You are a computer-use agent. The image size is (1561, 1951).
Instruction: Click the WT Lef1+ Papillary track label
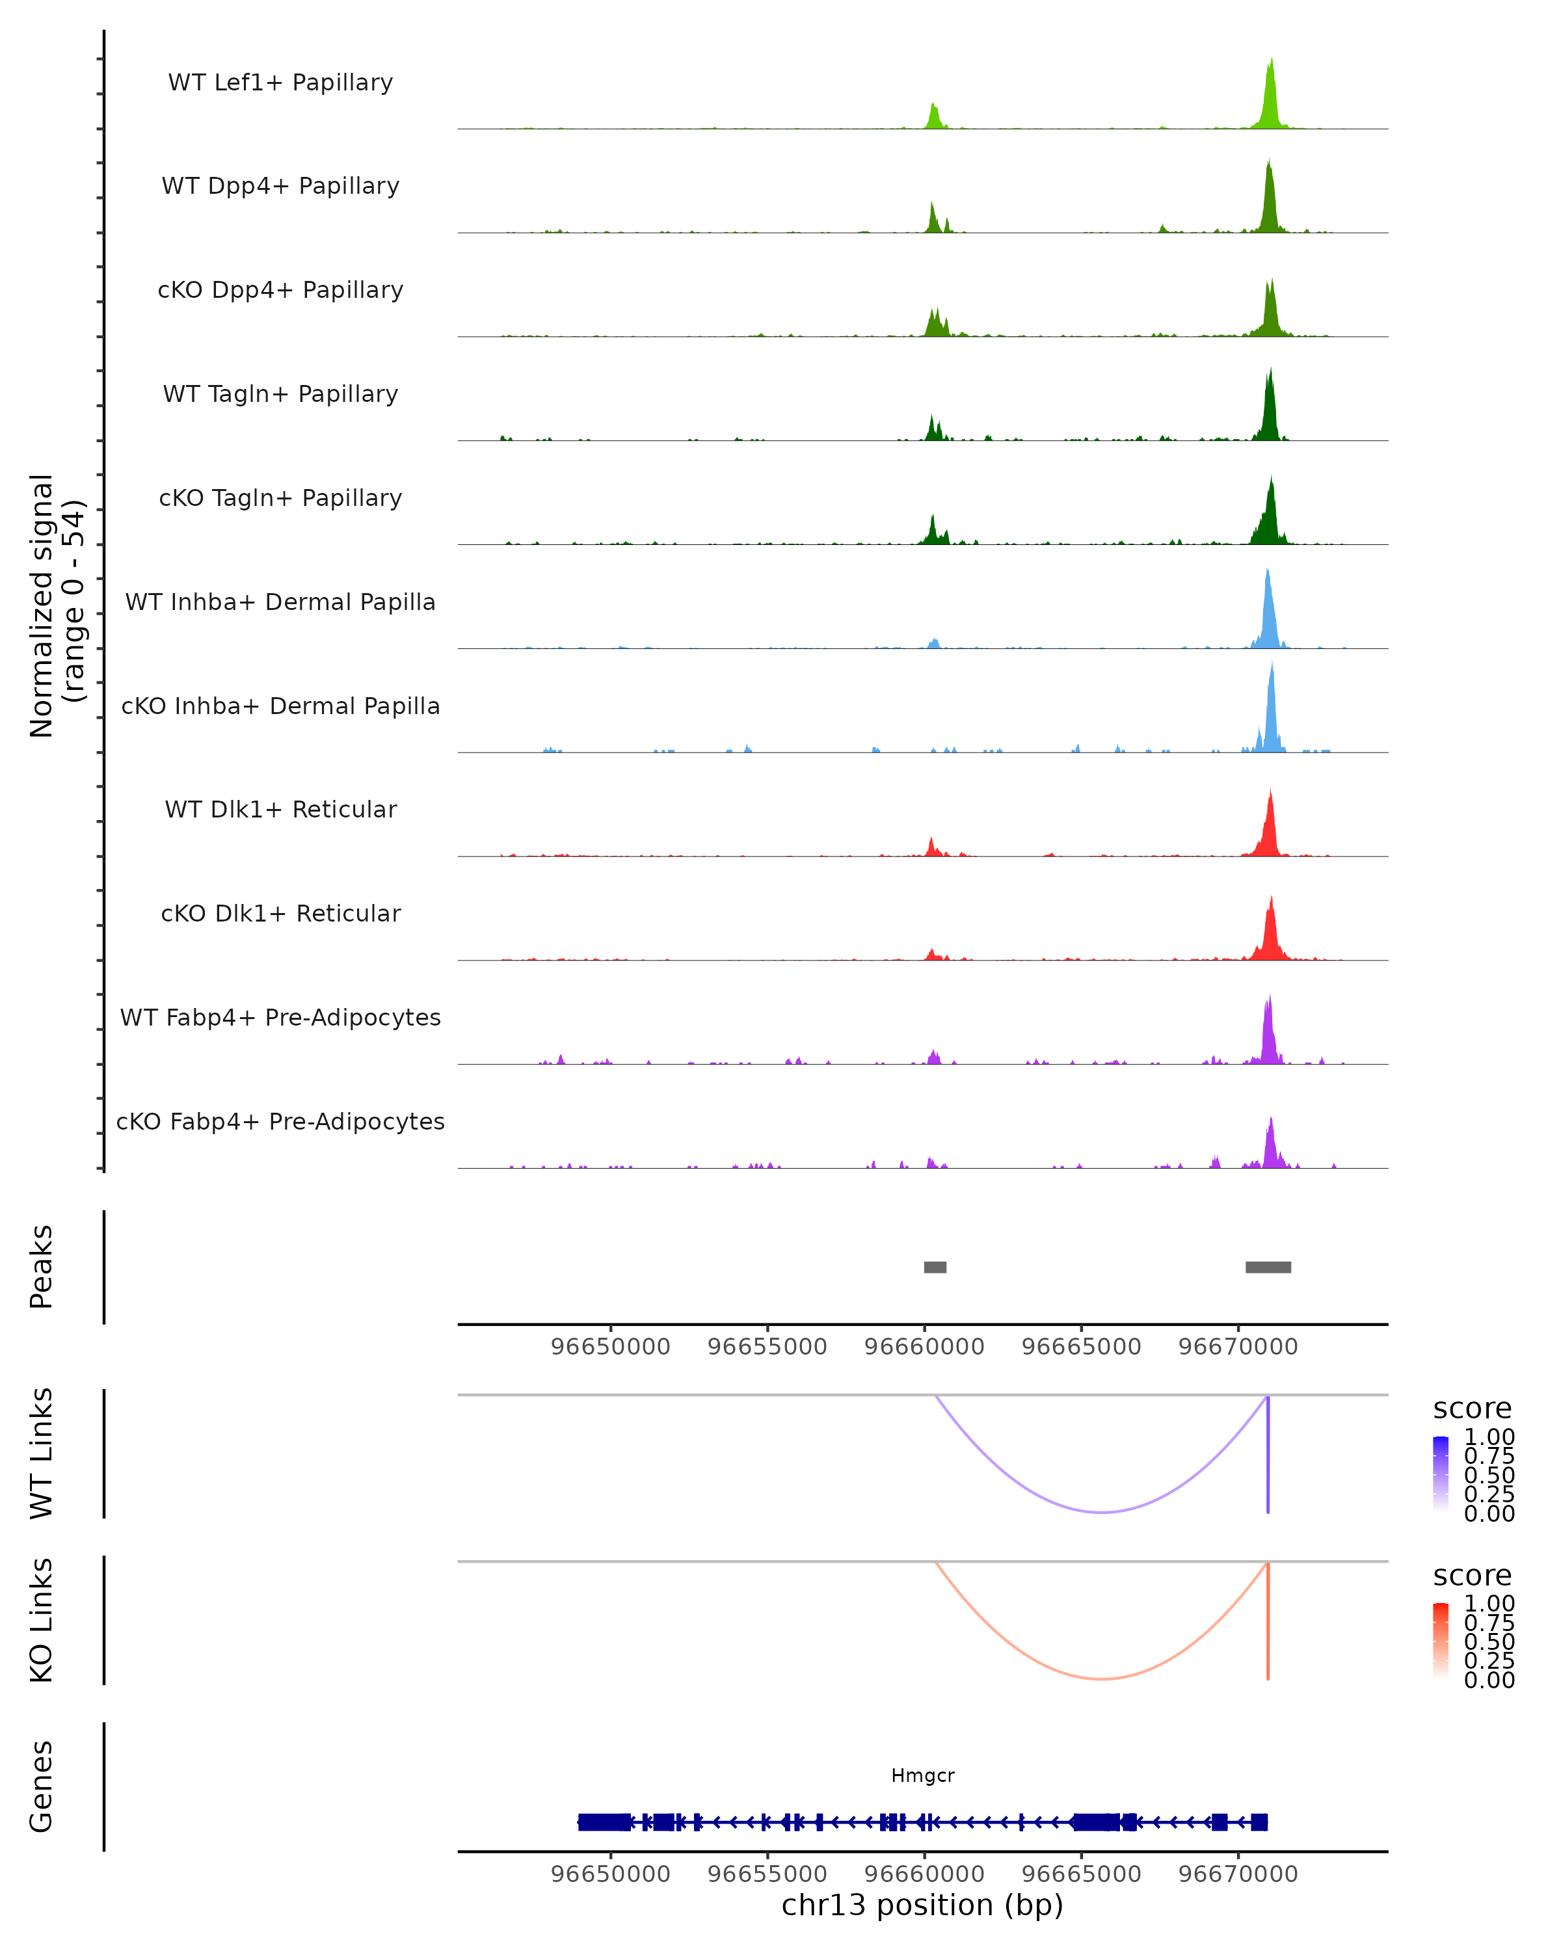coord(280,83)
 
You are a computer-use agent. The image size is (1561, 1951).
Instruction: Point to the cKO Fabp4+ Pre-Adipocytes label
coord(280,1121)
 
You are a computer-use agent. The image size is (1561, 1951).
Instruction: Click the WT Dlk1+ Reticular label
coord(280,809)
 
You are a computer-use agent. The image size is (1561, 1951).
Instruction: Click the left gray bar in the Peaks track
coord(935,1267)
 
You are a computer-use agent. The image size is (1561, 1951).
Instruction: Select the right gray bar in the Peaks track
coord(1268,1267)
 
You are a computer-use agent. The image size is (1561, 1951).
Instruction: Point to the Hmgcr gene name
coord(922,1775)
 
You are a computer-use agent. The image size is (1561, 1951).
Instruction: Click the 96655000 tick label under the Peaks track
coord(767,1347)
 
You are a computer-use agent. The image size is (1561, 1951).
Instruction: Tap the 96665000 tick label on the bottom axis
coord(1082,1873)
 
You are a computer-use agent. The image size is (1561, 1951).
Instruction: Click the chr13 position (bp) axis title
coord(922,1905)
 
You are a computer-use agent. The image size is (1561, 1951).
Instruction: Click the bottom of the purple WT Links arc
coord(1101,1512)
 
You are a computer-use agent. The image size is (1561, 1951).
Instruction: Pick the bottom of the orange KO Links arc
coord(1101,1679)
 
